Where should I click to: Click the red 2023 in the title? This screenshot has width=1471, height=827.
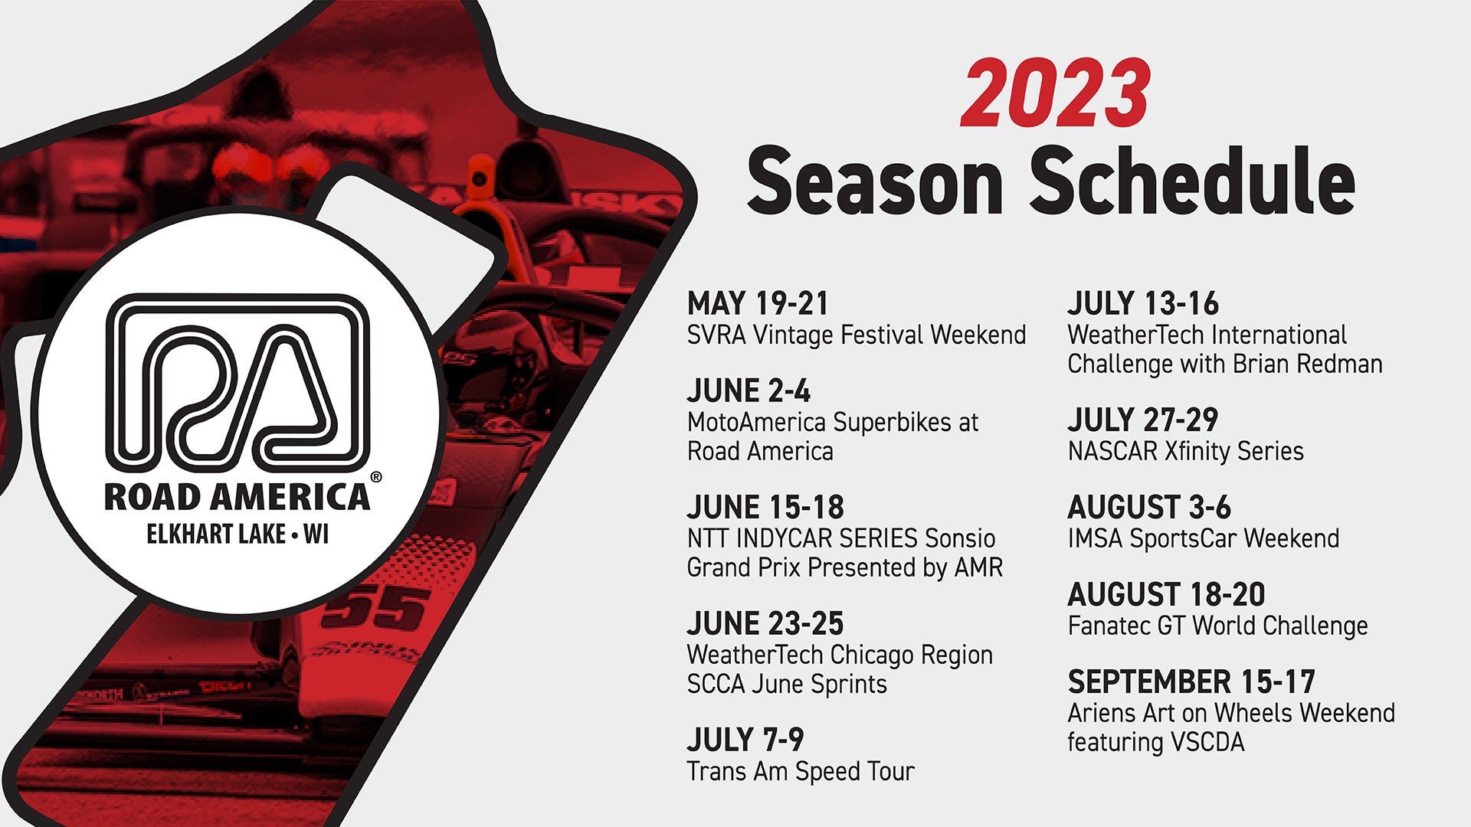[1055, 94]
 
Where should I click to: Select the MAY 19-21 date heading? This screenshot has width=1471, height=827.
[758, 303]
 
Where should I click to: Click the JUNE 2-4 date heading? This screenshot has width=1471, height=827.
[749, 391]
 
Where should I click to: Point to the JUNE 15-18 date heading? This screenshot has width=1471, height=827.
[765, 507]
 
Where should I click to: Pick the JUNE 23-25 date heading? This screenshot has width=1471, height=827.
[765, 623]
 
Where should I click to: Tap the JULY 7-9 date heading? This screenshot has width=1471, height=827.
[745, 740]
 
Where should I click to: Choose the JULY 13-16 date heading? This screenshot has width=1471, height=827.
[1142, 303]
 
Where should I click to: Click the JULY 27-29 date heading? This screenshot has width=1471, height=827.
[1142, 420]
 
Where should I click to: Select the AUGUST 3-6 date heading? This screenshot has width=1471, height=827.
[1149, 507]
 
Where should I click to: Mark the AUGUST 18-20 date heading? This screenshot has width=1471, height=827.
[1166, 594]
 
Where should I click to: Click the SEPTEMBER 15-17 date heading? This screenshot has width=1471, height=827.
[1191, 682]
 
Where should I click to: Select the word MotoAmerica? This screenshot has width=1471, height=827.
[757, 422]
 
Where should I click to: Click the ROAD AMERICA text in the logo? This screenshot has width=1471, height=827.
[237, 497]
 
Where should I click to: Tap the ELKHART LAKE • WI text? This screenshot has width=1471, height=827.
[238, 534]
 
